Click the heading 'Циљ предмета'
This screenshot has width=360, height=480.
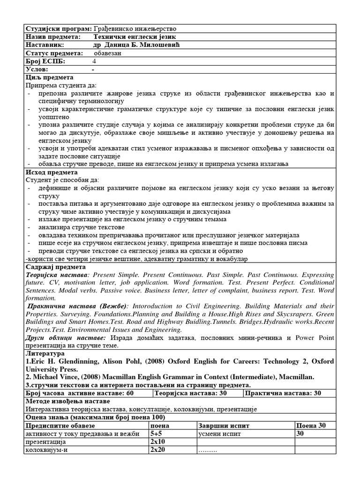(x=52, y=77)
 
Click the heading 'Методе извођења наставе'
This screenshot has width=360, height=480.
(x=67, y=401)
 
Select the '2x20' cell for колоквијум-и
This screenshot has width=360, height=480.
(x=157, y=450)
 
